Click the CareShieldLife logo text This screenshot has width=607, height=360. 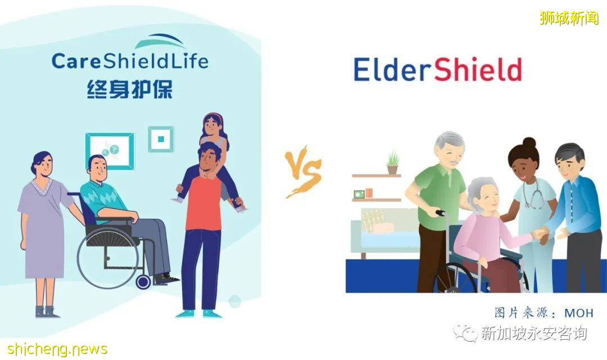point(130,61)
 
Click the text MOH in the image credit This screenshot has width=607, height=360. point(578,313)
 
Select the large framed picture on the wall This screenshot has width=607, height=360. point(110,151)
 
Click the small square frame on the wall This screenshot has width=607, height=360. point(161,139)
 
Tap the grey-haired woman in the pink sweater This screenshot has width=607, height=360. point(483,230)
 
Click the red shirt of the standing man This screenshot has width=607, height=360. point(203,202)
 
